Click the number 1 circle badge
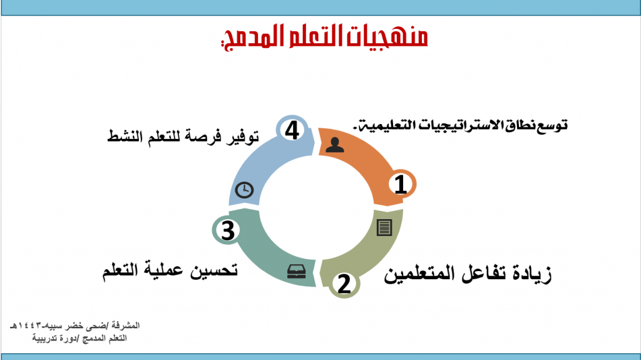point(401,184)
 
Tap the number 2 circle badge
point(344,283)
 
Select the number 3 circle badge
point(227,230)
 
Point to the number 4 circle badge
point(292,130)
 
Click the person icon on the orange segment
point(335,145)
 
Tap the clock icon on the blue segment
point(244,190)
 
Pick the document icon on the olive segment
point(384,227)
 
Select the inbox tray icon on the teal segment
point(296,272)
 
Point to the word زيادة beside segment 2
point(530,274)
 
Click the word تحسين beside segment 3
point(214,270)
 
